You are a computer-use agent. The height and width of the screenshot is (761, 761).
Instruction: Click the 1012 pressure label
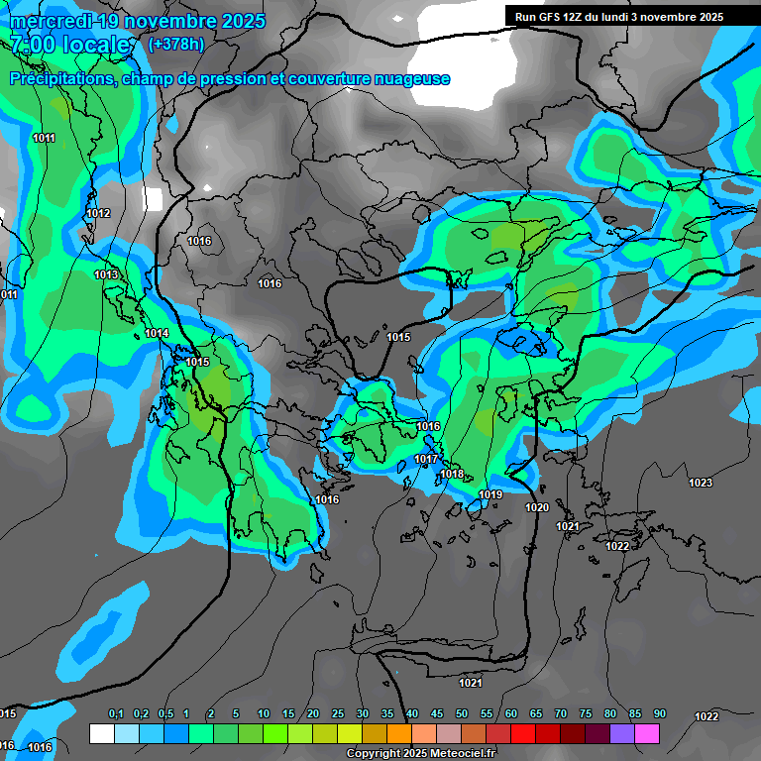98,213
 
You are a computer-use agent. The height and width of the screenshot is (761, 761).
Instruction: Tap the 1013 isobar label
106,274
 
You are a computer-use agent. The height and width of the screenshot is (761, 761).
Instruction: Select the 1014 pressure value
157,333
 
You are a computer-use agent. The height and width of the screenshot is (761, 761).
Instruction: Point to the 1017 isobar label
427,459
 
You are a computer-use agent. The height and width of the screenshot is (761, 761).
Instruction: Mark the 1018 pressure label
452,475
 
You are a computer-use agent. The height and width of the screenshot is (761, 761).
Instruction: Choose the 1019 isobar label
490,494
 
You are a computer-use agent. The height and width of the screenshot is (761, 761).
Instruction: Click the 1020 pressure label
537,507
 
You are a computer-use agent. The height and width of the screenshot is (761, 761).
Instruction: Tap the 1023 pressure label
701,483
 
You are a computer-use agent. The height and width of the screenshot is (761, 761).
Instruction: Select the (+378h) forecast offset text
175,45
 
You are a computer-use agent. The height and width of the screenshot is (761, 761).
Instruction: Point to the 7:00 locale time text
69,45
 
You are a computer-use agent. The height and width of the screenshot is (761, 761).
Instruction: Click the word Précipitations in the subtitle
61,78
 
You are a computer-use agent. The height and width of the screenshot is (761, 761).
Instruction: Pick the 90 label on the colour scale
660,714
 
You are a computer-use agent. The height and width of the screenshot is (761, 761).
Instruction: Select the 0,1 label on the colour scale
116,714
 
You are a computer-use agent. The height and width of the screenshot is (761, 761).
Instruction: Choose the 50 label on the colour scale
462,714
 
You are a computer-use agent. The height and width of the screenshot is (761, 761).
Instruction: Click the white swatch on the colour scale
101,733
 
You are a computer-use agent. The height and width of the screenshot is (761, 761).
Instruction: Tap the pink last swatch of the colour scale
647,733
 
